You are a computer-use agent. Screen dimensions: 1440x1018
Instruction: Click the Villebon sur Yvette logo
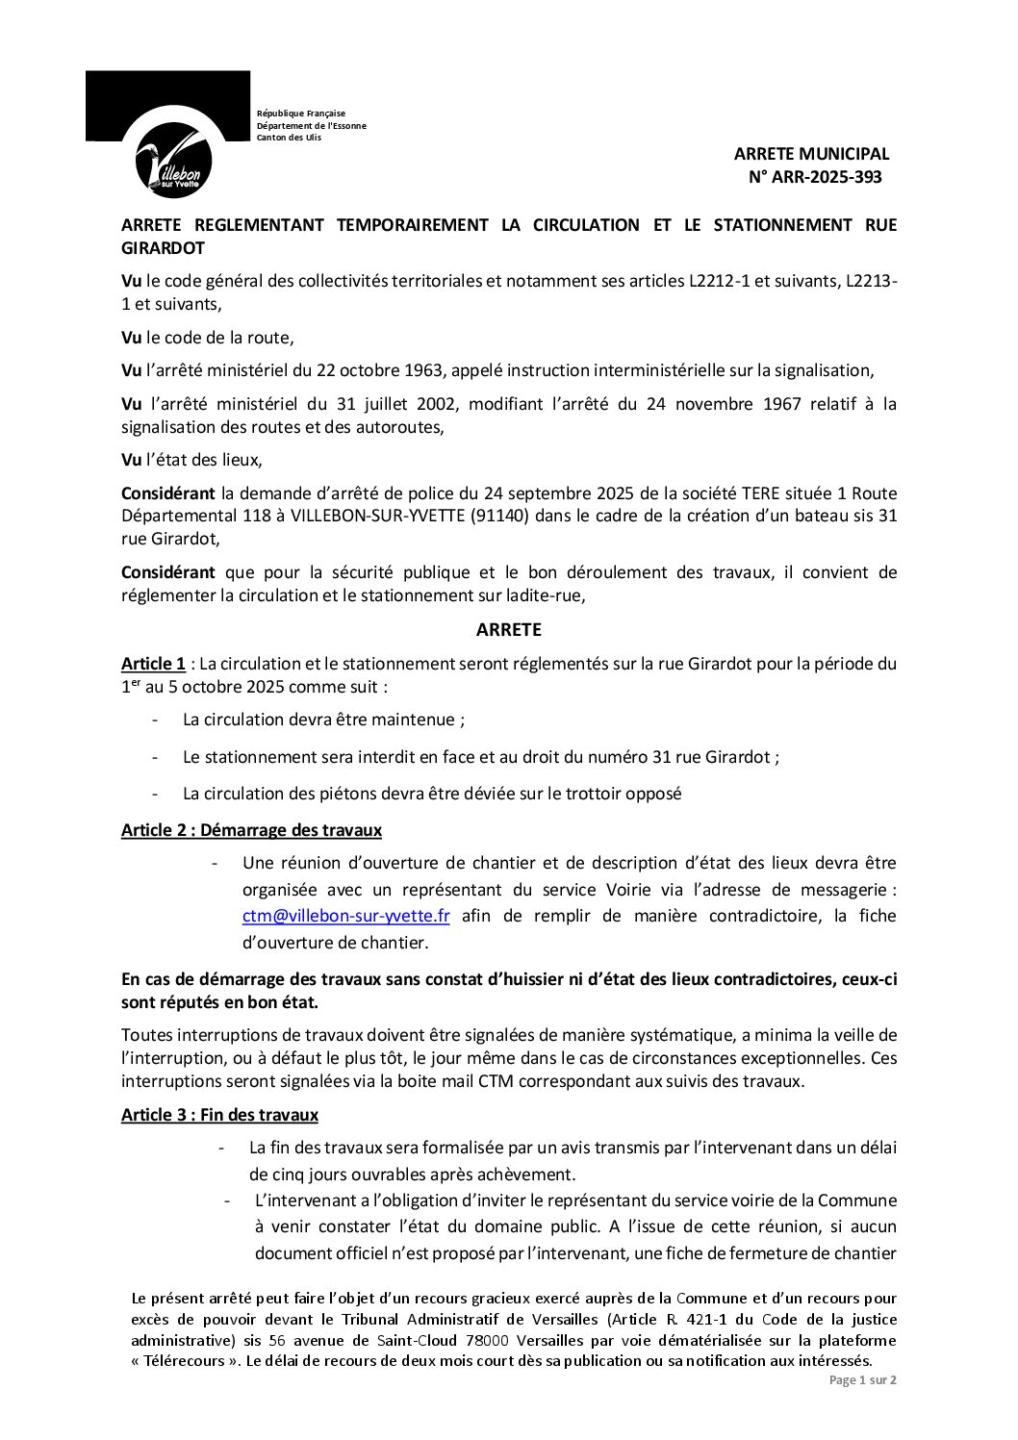tap(173, 159)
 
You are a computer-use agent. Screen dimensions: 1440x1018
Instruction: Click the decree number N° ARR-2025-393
tap(815, 177)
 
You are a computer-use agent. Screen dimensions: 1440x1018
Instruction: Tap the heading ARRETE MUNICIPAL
tap(811, 153)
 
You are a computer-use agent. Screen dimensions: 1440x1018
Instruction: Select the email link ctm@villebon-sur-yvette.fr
tap(345, 916)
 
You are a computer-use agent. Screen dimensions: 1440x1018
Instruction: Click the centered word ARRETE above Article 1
tap(509, 630)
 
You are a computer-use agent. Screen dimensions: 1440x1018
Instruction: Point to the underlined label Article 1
tap(153, 664)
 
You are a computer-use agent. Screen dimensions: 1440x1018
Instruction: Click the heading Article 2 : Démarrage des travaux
tap(251, 830)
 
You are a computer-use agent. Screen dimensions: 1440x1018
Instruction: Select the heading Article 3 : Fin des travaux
tap(219, 1115)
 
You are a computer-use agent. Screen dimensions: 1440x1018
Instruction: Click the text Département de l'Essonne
tap(311, 126)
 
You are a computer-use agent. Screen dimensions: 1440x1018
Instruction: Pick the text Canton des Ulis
tap(289, 138)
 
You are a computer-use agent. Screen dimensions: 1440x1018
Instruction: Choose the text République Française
tap(300, 114)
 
